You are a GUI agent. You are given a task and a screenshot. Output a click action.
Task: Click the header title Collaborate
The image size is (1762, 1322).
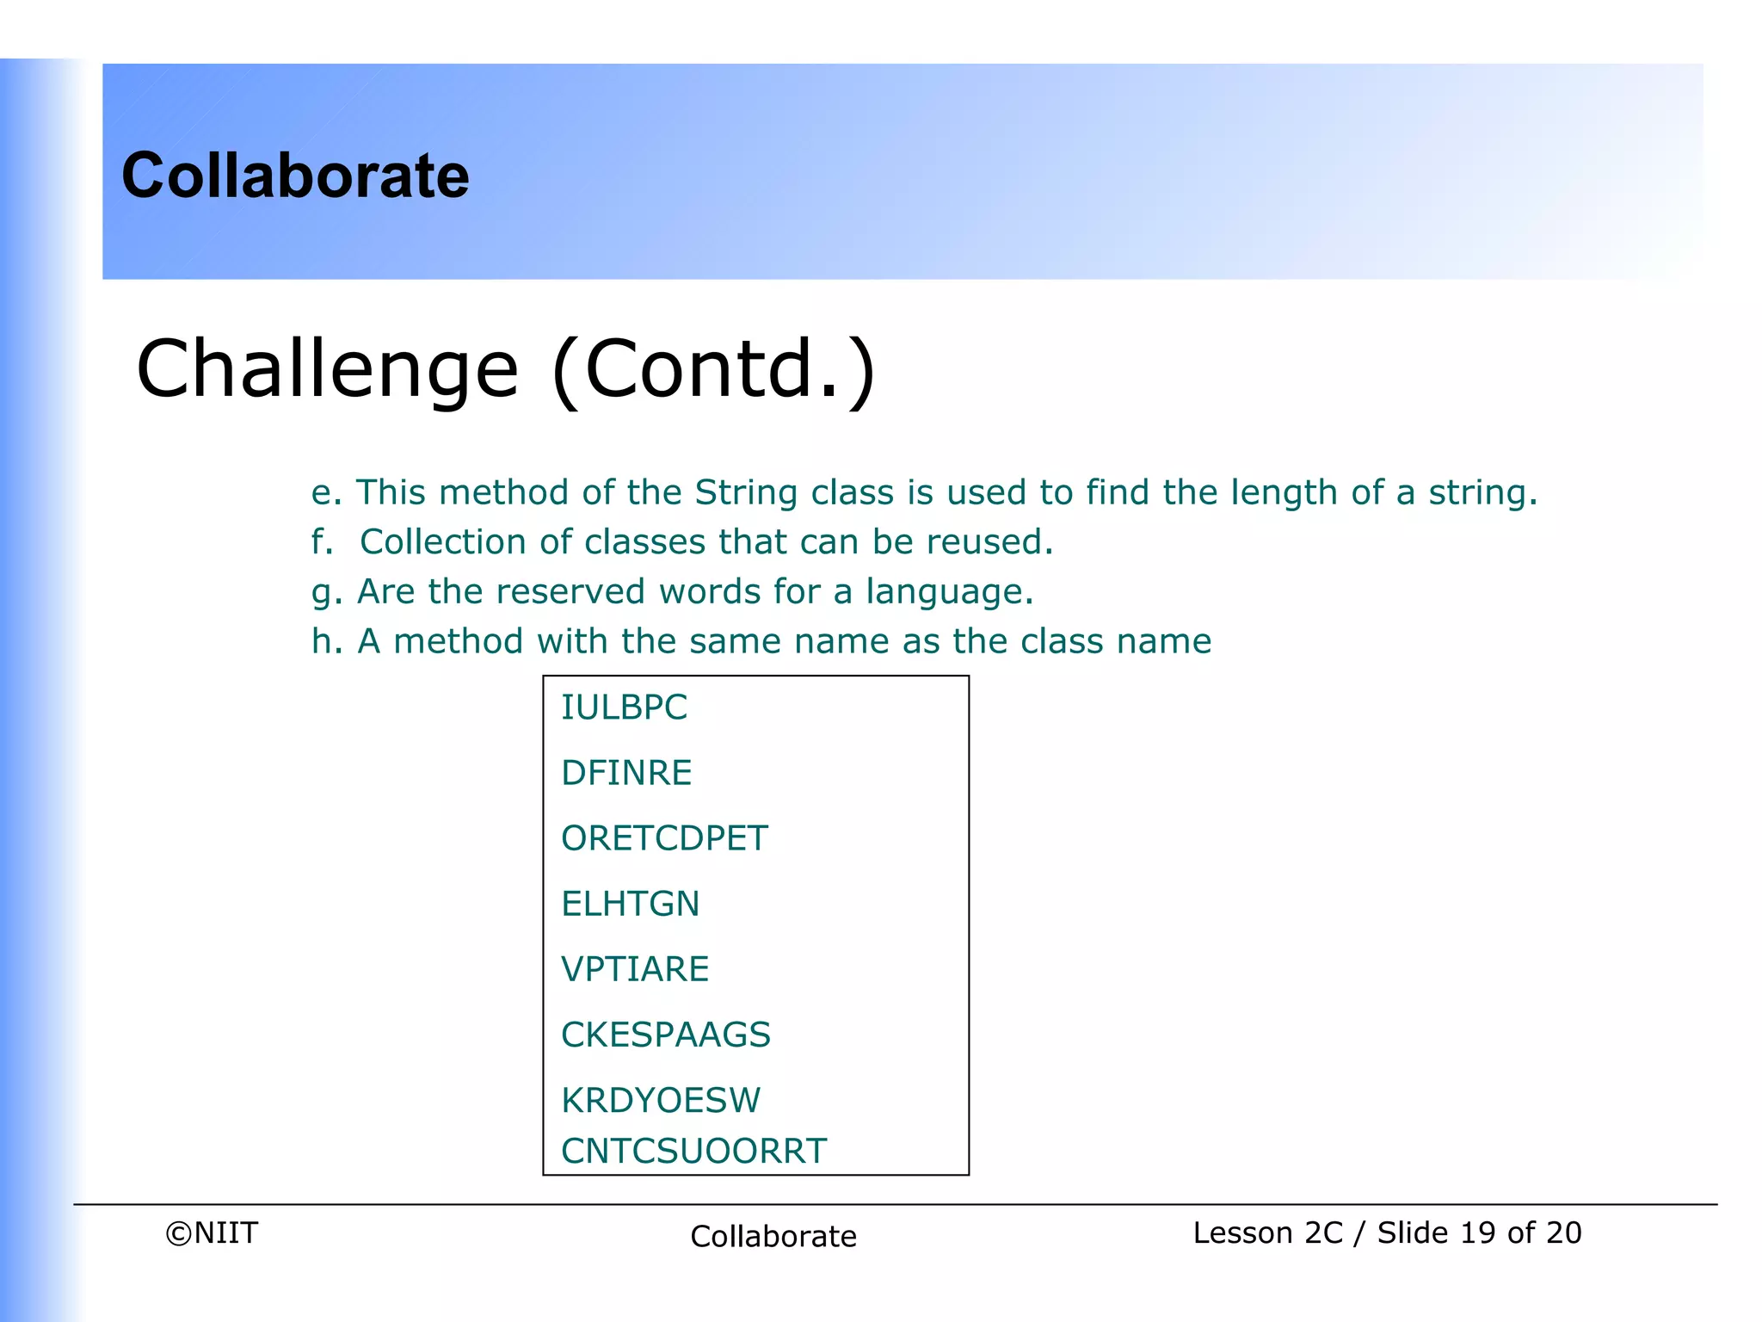295,176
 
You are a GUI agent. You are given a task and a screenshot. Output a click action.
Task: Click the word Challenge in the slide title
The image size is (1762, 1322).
328,369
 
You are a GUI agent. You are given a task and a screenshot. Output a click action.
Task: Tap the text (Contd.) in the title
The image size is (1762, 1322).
713,369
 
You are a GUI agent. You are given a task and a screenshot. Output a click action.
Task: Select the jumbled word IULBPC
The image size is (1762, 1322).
624,707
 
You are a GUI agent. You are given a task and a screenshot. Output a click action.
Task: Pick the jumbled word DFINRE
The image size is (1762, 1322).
626,773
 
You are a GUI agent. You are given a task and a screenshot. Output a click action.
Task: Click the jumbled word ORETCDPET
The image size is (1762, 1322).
664,838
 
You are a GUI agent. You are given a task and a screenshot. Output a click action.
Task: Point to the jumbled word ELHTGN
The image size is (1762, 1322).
630,904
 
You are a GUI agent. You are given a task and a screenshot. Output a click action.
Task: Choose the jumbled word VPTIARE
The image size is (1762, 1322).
635,969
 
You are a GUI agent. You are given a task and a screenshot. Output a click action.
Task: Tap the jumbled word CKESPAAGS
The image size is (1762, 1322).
666,1035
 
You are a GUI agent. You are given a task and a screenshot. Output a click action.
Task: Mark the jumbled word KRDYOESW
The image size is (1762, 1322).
661,1100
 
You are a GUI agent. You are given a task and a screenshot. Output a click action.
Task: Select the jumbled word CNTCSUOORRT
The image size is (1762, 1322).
693,1152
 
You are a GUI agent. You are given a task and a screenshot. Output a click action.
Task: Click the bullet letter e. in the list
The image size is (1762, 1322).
326,493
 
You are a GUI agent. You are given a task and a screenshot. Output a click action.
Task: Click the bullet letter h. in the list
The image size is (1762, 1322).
326,641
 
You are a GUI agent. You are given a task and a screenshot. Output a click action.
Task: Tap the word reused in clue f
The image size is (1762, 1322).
989,542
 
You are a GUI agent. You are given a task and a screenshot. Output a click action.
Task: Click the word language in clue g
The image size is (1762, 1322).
948,592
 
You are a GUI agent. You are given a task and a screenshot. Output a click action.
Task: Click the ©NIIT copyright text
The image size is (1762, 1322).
212,1233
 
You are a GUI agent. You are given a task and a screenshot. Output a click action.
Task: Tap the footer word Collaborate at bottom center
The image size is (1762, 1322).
773,1237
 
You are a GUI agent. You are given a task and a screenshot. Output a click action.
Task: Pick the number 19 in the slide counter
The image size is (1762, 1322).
1477,1233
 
